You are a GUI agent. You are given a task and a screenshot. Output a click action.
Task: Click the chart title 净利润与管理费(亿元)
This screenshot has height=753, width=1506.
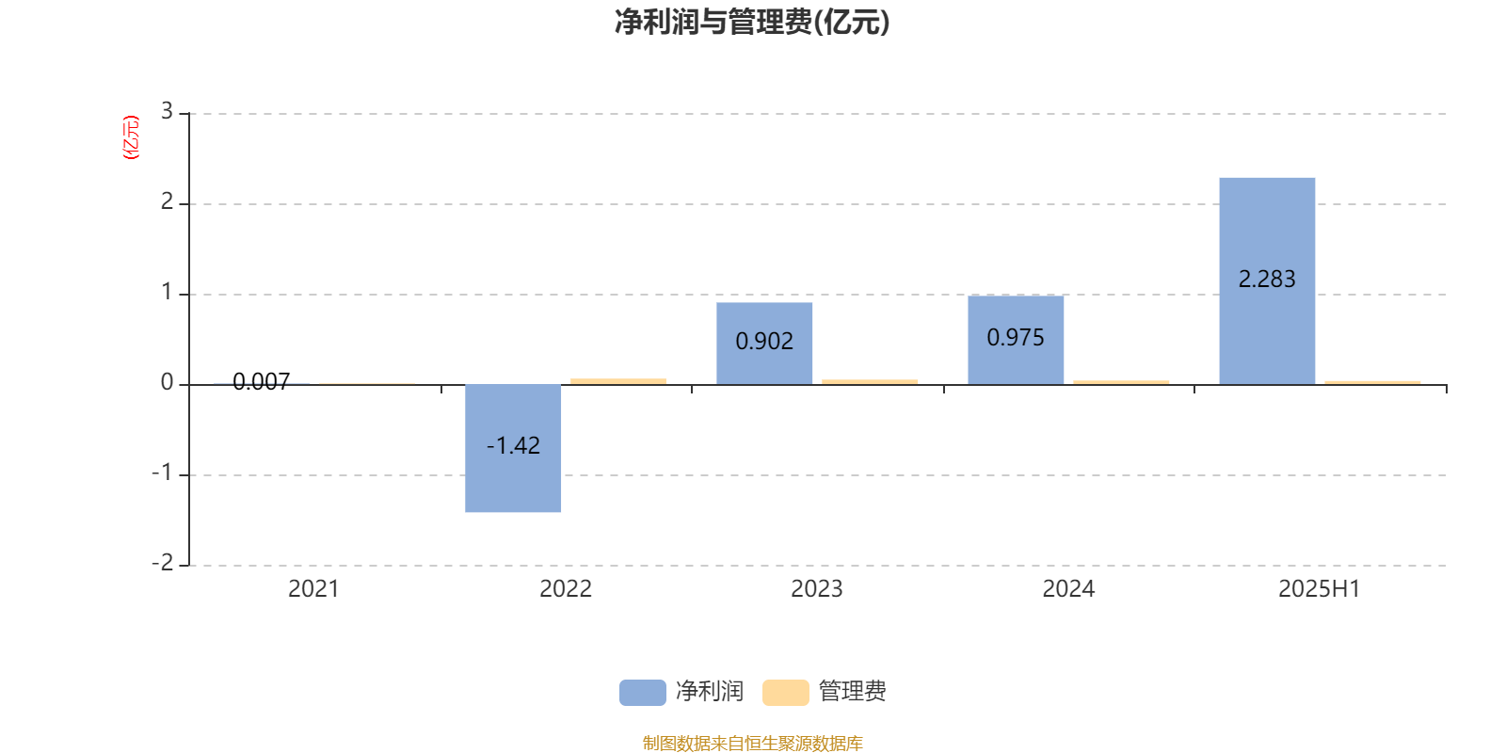[752, 23]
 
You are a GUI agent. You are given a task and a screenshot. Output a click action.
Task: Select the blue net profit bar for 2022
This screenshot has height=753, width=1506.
[513, 448]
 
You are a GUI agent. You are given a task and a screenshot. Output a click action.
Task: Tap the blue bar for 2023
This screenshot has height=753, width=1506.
[764, 344]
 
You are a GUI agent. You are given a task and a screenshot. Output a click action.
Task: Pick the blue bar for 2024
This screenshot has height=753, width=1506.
[1016, 340]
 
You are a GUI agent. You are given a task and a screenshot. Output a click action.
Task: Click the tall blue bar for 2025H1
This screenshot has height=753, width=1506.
[1267, 281]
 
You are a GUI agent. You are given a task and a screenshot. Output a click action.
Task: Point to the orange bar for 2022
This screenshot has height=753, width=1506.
[618, 382]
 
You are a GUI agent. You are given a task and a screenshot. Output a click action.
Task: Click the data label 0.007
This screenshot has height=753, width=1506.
[262, 382]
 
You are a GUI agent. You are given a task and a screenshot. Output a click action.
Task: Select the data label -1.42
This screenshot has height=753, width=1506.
[513, 446]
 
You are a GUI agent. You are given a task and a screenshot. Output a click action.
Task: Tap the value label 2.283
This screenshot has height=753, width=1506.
[1267, 279]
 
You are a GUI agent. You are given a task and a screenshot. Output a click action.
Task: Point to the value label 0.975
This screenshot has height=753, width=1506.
[1016, 338]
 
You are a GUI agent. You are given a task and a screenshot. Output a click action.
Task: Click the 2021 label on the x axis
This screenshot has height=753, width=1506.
[313, 589]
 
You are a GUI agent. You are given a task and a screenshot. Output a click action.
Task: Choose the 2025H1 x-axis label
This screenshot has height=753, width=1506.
[1319, 589]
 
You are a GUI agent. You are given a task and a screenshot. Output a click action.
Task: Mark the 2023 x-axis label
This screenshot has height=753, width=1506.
[816, 589]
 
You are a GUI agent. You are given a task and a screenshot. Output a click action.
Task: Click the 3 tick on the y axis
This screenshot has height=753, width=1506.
[167, 111]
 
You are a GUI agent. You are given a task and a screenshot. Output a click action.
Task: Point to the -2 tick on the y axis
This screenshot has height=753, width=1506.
[163, 563]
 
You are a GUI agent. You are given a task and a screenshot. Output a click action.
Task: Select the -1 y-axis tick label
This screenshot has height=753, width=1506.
[163, 473]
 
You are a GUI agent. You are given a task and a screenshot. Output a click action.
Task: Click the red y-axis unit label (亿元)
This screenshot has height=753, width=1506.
[131, 137]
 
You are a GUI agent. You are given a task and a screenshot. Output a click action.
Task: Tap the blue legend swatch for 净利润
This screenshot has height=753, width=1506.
[643, 693]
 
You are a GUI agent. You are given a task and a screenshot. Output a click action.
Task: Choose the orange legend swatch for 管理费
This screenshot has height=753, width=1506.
[785, 693]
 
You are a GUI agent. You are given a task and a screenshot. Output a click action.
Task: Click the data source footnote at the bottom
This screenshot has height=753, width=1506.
[752, 743]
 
